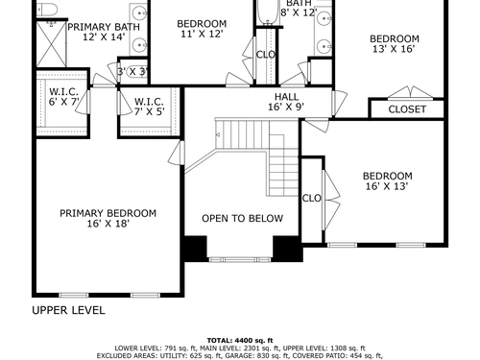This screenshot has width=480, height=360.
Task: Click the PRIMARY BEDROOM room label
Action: (x=108, y=213)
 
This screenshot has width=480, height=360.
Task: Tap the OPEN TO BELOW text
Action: (x=242, y=218)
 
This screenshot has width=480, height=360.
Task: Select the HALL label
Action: (x=286, y=97)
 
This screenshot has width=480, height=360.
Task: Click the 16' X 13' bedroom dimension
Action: (x=387, y=186)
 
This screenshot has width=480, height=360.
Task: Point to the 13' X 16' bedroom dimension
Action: (x=394, y=49)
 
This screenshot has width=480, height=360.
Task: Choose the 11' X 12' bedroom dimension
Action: (x=202, y=34)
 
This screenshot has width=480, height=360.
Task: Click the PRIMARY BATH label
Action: (x=104, y=27)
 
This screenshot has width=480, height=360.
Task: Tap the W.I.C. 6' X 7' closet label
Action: (x=63, y=97)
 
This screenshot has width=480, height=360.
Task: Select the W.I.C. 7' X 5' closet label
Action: (x=150, y=107)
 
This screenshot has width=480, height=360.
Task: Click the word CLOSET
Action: (x=407, y=109)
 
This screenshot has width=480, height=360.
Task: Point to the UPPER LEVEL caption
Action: (x=68, y=310)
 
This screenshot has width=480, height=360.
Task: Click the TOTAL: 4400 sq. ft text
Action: (x=240, y=341)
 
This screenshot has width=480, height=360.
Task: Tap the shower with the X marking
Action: (x=51, y=44)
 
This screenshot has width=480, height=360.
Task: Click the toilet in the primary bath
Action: (x=47, y=10)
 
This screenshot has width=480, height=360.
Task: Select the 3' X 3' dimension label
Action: (x=132, y=71)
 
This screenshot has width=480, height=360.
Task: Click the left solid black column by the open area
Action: (x=196, y=249)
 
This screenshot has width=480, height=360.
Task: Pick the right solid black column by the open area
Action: (x=287, y=249)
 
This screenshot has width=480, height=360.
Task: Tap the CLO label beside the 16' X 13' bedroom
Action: (x=311, y=199)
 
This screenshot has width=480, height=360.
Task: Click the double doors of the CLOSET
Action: (x=411, y=92)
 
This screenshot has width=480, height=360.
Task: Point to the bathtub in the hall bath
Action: (x=268, y=12)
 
